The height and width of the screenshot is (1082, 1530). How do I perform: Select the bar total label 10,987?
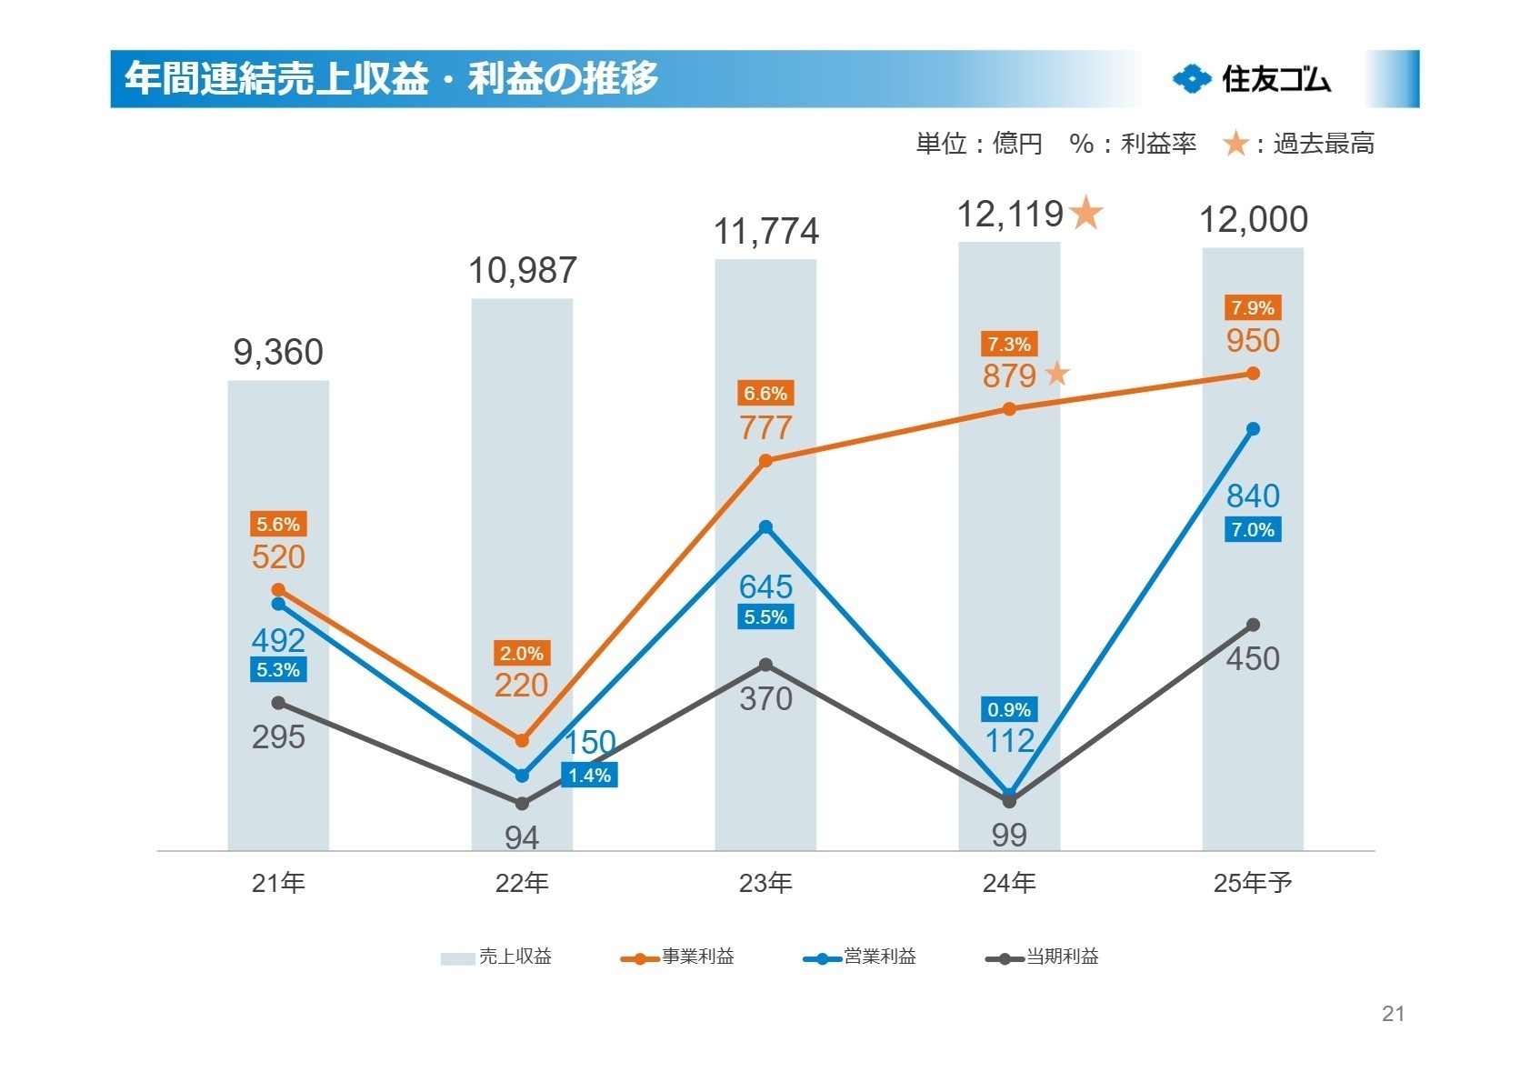(522, 270)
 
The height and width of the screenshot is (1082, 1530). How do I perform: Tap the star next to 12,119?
(1086, 215)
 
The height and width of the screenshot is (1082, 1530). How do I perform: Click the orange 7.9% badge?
(1253, 308)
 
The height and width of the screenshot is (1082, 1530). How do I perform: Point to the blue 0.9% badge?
(1009, 710)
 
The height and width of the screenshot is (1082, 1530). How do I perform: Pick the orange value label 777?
(765, 427)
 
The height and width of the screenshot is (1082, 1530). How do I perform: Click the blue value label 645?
(765, 586)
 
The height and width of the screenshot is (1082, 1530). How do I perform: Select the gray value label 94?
(522, 837)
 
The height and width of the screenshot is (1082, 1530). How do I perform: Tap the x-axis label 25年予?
(1253, 883)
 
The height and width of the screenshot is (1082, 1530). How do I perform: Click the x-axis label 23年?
(765, 883)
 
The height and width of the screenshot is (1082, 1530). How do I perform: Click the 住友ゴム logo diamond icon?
(1192, 79)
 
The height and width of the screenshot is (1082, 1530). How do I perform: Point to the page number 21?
(1393, 1014)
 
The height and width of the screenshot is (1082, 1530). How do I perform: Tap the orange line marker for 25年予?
(1253, 374)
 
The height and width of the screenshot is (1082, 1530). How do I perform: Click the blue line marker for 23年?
(765, 527)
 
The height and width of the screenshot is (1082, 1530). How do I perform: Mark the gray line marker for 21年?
(278, 703)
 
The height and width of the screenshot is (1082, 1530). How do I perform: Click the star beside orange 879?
(1056, 374)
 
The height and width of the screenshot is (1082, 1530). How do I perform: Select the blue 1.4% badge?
(589, 776)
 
